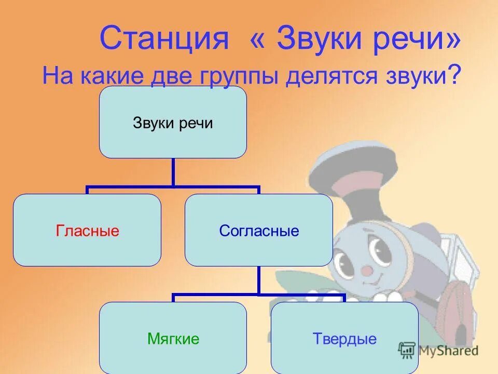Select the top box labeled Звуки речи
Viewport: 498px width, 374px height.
pos(173,122)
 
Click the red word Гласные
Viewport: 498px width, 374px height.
pos(87,231)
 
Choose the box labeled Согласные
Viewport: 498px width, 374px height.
pos(259,230)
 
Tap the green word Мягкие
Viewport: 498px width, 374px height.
pos(173,339)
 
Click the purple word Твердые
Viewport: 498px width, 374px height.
pos(344,339)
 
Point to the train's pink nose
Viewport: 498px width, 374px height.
pos(367,270)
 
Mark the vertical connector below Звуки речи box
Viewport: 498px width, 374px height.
pos(173,171)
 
